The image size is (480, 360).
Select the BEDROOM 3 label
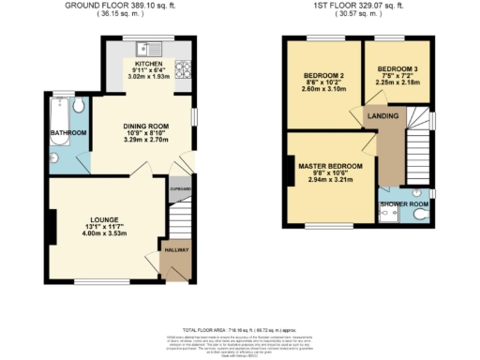399,69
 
